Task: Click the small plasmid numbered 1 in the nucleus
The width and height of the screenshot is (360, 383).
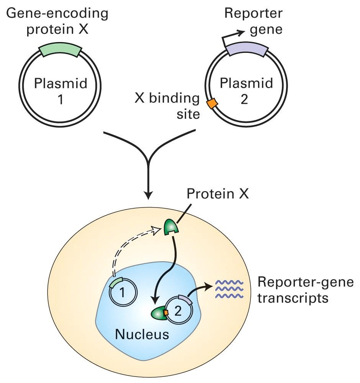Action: point(121,293)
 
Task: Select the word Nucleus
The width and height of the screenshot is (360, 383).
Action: point(142,334)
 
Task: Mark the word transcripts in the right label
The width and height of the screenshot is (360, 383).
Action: point(293,297)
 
